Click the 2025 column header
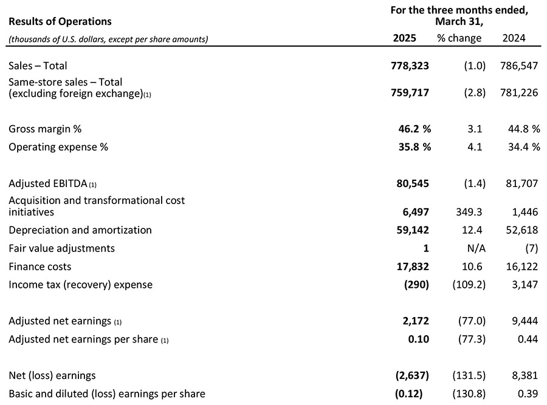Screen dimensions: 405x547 pyautogui.click(x=404, y=38)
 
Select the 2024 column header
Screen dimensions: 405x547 pyautogui.click(x=514, y=38)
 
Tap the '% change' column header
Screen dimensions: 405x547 pyautogui.click(x=459, y=38)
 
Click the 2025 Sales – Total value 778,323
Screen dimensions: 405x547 pyautogui.click(x=410, y=66)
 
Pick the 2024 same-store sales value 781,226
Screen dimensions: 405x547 pyautogui.click(x=518, y=93)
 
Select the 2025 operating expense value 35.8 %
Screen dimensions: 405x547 pyautogui.click(x=410, y=147)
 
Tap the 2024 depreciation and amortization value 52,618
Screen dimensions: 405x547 pyautogui.click(x=518, y=230)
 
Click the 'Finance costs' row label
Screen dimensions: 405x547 pyautogui.click(x=40, y=267)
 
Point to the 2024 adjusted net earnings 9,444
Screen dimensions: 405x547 pyautogui.click(x=523, y=321)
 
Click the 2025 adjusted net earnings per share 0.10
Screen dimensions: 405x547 pyautogui.click(x=419, y=339)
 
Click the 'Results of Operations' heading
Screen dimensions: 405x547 pyautogui.click(x=60, y=21)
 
